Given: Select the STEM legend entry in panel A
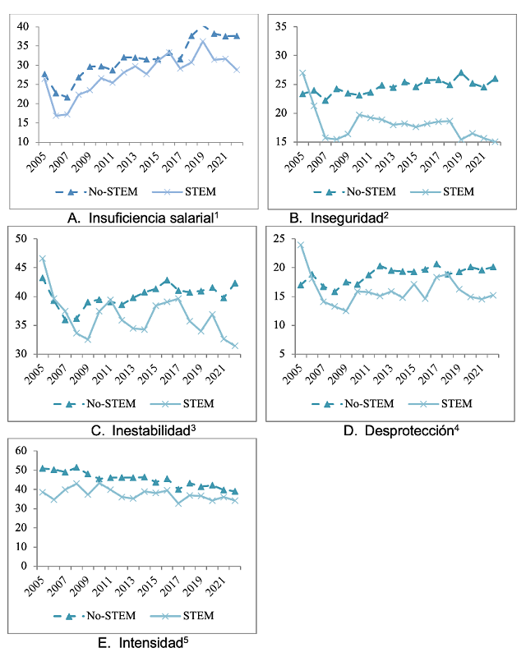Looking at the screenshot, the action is [184, 191].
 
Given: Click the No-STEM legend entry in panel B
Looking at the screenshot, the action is [355, 191].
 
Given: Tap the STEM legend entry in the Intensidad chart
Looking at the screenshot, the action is [182, 615].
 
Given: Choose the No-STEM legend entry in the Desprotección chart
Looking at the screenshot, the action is [353, 403].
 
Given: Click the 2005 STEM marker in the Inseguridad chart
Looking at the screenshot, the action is [302, 73].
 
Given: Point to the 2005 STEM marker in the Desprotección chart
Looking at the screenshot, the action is [300, 245].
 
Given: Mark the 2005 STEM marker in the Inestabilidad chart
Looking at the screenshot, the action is [43, 259].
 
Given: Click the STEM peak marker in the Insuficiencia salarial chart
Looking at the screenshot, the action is [203, 42].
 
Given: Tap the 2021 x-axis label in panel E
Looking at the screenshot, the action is [218, 586].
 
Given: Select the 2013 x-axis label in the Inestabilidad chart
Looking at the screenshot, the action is [127, 374].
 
